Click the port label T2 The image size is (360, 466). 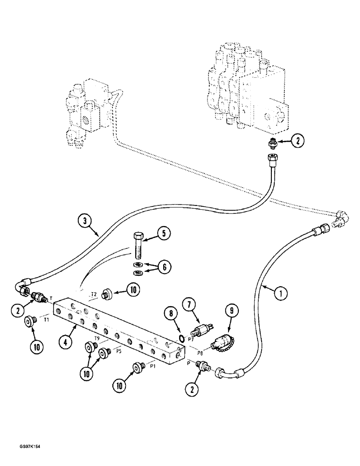click(94, 295)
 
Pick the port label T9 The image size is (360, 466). click(97, 338)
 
